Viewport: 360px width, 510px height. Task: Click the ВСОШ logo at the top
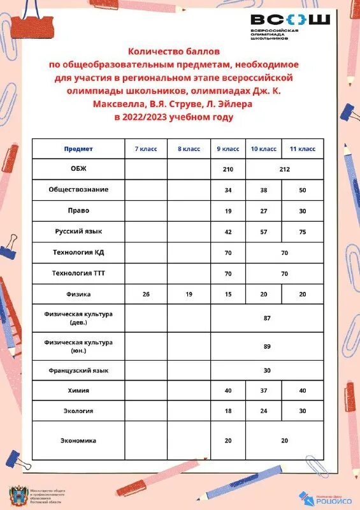pyautogui.click(x=290, y=26)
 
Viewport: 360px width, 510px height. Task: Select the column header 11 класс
pyautogui.click(x=303, y=149)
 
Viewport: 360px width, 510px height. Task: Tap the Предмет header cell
pyautogui.click(x=78, y=149)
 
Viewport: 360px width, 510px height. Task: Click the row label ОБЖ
pyautogui.click(x=78, y=169)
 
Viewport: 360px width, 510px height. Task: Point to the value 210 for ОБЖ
pyautogui.click(x=229, y=170)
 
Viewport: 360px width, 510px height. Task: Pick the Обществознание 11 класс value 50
pyautogui.click(x=303, y=190)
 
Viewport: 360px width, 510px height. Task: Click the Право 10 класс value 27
pyautogui.click(x=264, y=210)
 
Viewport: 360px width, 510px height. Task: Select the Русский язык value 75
pyautogui.click(x=303, y=232)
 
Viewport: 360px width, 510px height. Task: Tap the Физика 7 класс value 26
pyautogui.click(x=146, y=294)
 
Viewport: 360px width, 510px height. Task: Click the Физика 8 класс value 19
pyautogui.click(x=189, y=294)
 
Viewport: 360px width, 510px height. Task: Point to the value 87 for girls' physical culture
pyautogui.click(x=267, y=317)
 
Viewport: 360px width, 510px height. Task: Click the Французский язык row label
pyautogui.click(x=78, y=370)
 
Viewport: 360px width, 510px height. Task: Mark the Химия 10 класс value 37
pyautogui.click(x=264, y=390)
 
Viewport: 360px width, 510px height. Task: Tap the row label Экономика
pyautogui.click(x=78, y=440)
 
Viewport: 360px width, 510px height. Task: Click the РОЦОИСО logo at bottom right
pyautogui.click(x=322, y=497)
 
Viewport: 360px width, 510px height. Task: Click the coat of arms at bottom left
pyautogui.click(x=18, y=495)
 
